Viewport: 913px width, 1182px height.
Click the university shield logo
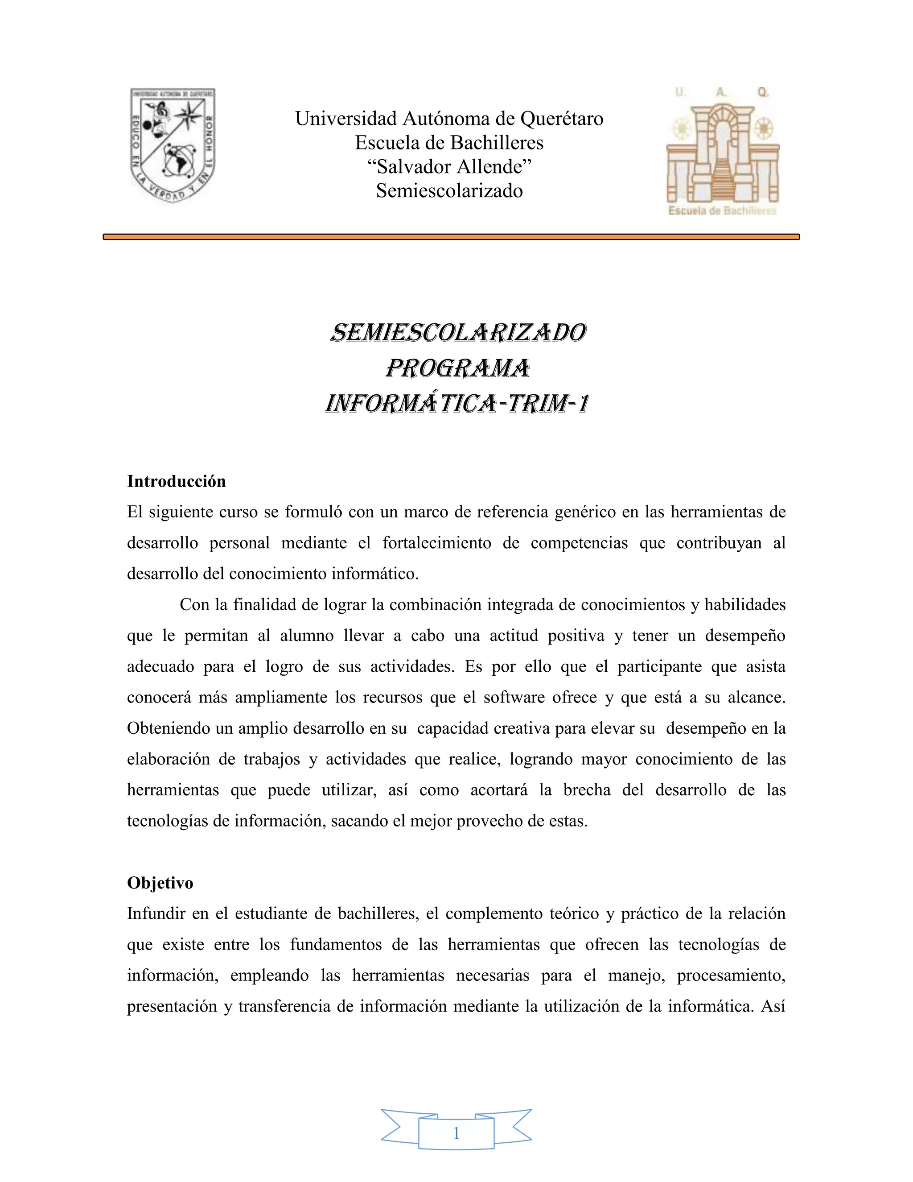coord(173,145)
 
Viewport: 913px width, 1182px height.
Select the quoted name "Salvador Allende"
coord(449,167)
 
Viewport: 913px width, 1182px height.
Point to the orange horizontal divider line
coord(451,236)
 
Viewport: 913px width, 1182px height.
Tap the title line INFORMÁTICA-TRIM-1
coord(457,404)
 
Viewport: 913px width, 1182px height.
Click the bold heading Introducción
coord(177,481)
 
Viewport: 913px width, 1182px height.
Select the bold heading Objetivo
coord(160,883)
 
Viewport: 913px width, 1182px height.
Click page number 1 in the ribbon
coord(456,1133)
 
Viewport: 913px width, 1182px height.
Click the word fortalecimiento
coord(436,543)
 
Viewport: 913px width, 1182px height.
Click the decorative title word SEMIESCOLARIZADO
coord(457,333)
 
